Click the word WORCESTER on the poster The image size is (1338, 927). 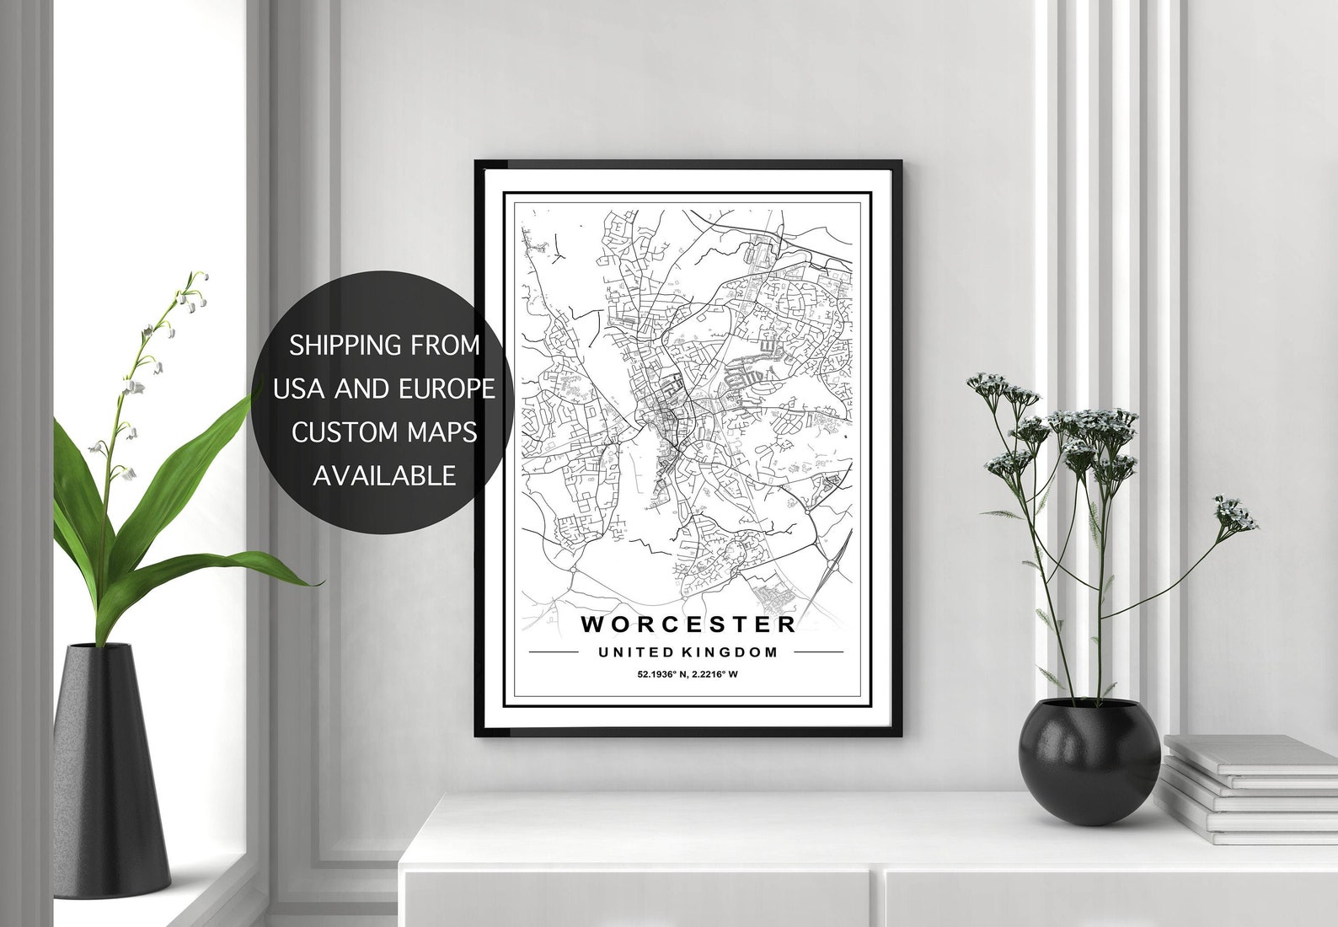tap(688, 624)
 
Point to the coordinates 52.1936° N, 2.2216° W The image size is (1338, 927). tap(688, 674)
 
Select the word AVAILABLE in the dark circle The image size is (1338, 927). tap(384, 475)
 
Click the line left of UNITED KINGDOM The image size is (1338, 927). tap(553, 652)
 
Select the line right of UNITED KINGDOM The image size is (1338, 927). tap(818, 652)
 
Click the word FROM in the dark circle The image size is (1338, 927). tap(447, 345)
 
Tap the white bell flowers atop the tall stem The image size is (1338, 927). tap(193, 287)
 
